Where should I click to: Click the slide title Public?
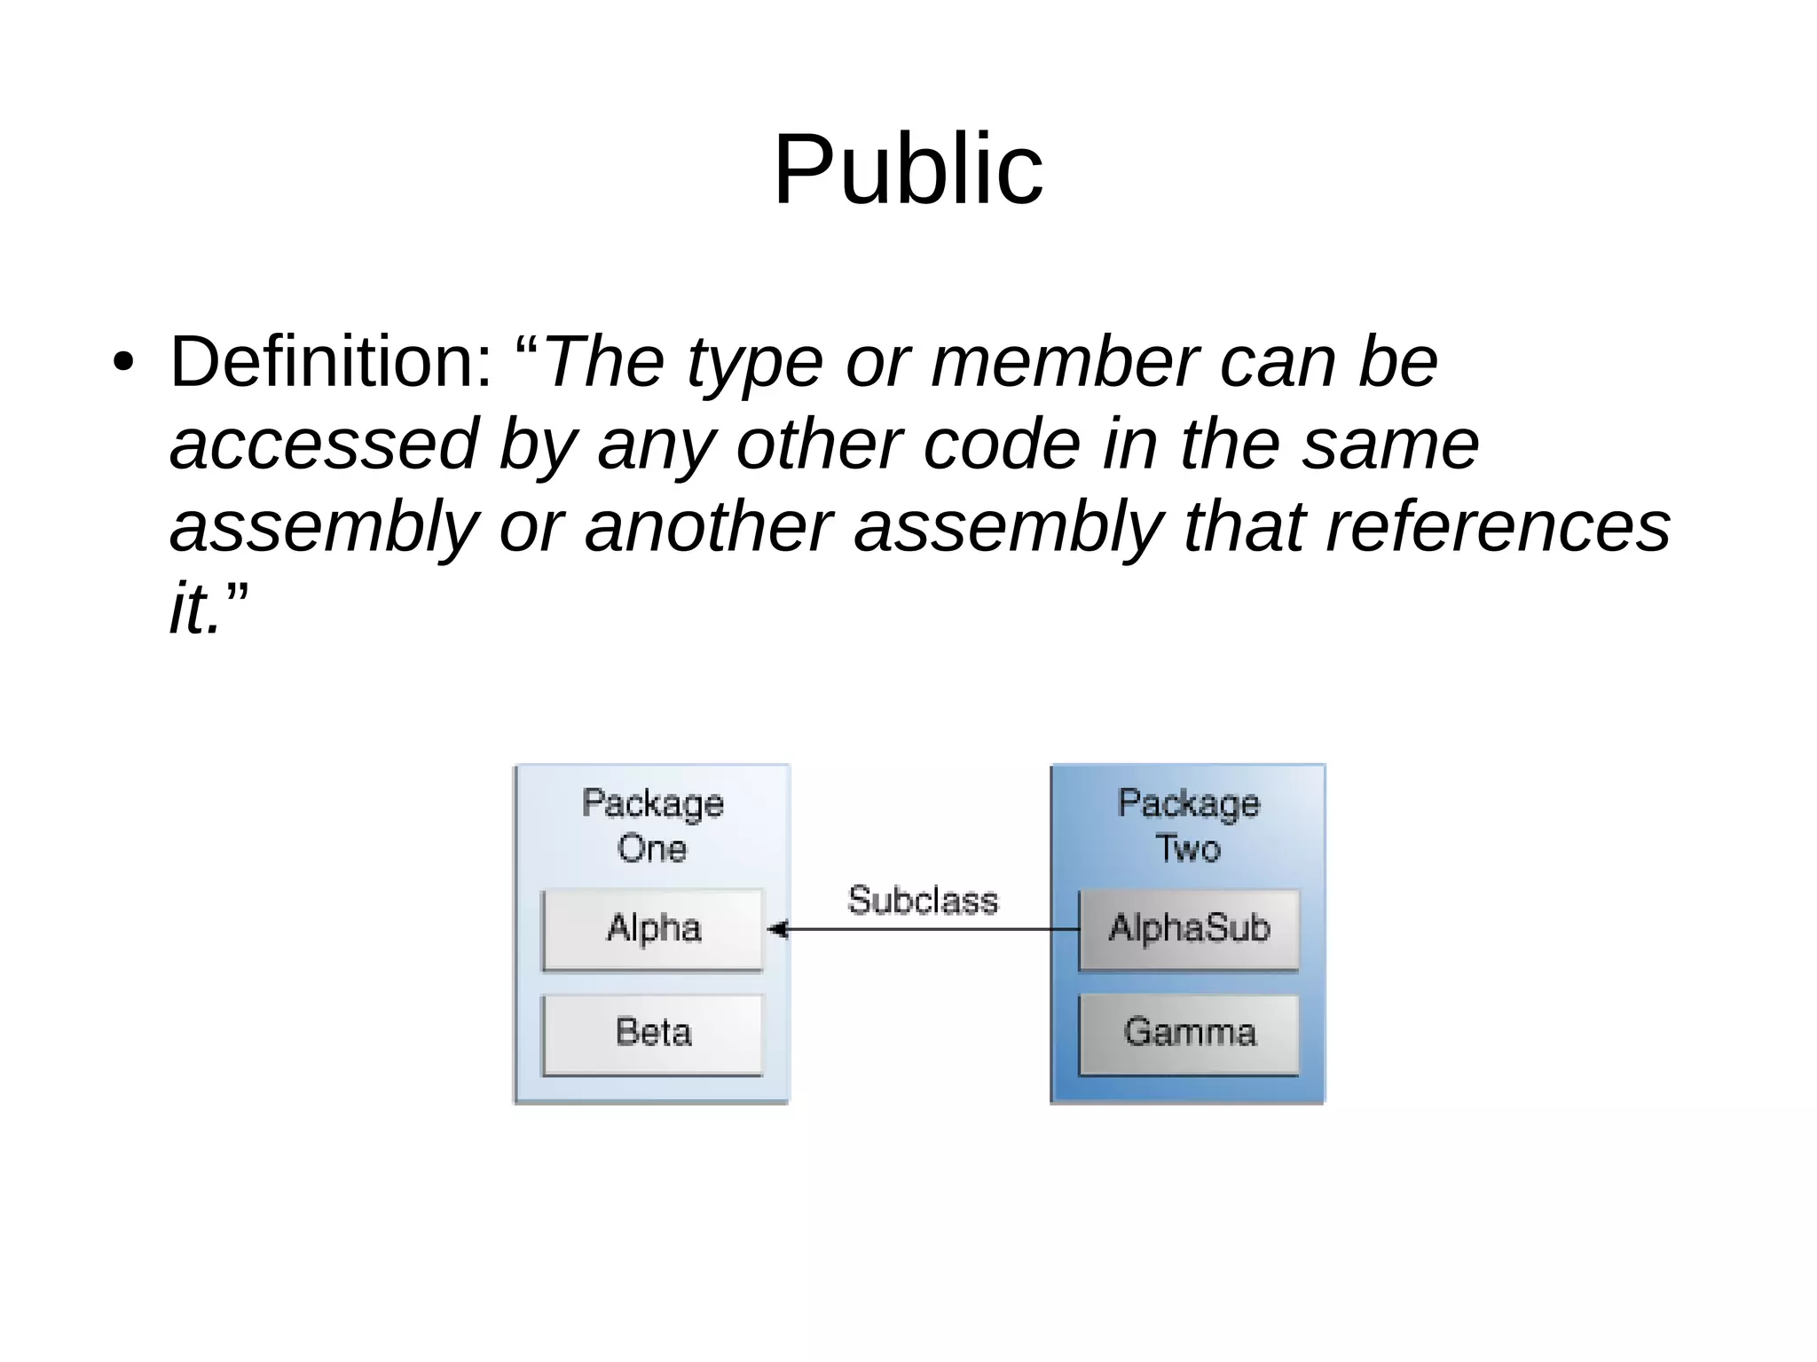point(908,169)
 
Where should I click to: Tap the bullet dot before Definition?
point(123,363)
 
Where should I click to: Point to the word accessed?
point(325,445)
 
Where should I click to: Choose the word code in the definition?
point(1002,445)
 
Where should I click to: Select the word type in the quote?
point(754,365)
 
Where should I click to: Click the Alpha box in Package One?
point(653,929)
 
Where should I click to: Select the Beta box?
point(653,1033)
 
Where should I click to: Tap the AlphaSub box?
point(1189,929)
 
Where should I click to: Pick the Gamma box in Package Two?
point(1189,1033)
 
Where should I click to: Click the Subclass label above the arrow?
point(923,901)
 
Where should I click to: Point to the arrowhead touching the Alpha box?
point(777,930)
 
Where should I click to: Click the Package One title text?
point(652,825)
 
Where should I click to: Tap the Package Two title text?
point(1188,825)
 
